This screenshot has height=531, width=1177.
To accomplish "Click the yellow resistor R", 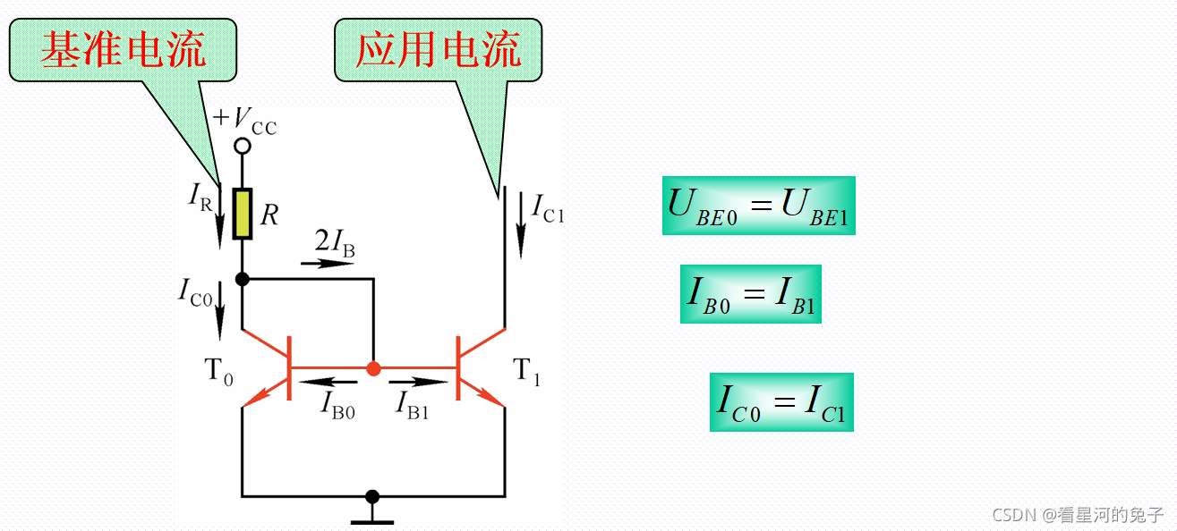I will (242, 214).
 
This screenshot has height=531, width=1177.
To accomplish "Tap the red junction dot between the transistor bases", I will (374, 368).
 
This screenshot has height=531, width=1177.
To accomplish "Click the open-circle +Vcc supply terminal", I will (242, 146).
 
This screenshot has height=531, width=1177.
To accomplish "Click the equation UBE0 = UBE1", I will (758, 206).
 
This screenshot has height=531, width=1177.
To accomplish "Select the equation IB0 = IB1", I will (750, 294).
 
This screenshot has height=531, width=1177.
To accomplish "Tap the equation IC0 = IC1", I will (781, 402).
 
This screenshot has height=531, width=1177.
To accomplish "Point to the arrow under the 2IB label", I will (327, 264).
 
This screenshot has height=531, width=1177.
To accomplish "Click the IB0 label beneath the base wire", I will (338, 404).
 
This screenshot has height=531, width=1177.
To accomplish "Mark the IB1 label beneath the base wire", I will (413, 404).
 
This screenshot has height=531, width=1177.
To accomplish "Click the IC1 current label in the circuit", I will (548, 208).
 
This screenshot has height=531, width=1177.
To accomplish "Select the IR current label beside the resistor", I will (200, 197).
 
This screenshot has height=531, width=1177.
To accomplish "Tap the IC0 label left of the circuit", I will (195, 291).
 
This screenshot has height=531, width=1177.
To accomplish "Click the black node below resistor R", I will (242, 279).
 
